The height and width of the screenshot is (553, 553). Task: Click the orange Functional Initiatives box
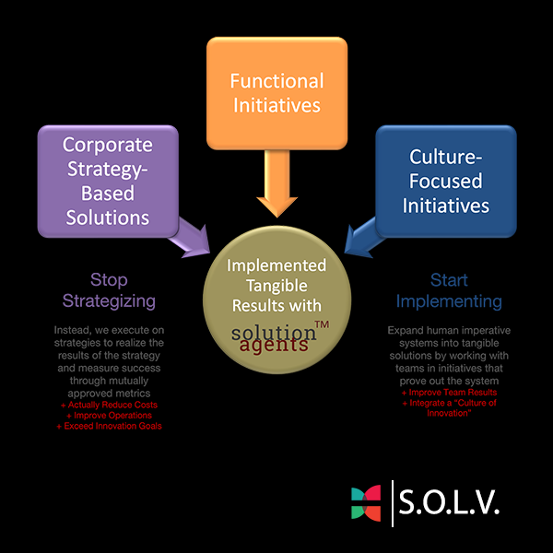point(276,92)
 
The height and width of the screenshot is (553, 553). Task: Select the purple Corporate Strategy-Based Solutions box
point(107,181)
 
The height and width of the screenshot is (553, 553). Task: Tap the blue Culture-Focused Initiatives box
point(445,181)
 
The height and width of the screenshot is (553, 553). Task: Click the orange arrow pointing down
point(276,184)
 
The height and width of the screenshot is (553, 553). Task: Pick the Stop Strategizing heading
point(108,290)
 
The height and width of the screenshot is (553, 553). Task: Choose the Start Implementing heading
point(449,290)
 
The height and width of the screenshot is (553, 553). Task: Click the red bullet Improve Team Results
point(449,393)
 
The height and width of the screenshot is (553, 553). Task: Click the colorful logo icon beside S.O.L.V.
point(366,503)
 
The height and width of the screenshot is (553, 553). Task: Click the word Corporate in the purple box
point(108,145)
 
